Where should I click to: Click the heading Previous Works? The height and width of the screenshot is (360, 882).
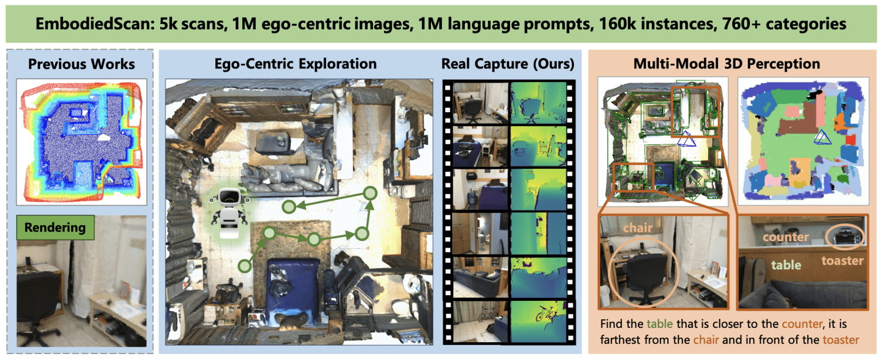click(81, 63)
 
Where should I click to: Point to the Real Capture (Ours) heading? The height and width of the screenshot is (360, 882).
click(507, 63)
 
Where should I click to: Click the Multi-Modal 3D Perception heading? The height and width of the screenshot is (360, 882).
click(726, 63)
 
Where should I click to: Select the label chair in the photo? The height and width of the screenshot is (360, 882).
click(638, 228)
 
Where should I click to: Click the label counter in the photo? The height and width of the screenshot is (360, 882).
click(786, 237)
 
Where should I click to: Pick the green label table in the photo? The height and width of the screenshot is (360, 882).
click(786, 265)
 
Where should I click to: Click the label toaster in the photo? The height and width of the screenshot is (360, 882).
click(842, 261)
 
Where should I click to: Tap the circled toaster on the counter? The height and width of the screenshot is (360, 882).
click(843, 235)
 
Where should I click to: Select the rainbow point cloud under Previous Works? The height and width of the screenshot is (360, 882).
click(82, 141)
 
